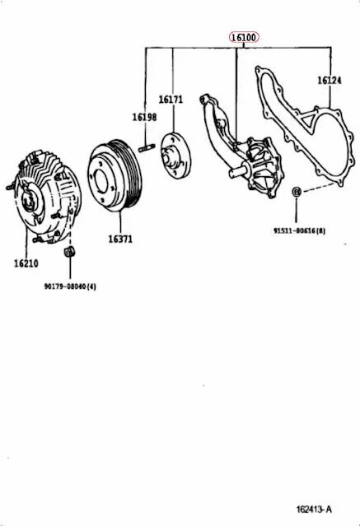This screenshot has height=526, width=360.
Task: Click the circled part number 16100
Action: pyautogui.click(x=243, y=38)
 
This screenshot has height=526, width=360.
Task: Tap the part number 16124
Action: pyautogui.click(x=329, y=81)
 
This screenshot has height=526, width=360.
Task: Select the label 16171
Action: pyautogui.click(x=171, y=100)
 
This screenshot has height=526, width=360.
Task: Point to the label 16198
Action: pyautogui.click(x=145, y=118)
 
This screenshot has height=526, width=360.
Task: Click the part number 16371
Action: pyautogui.click(x=120, y=239)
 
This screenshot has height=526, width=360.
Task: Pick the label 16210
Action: pyautogui.click(x=26, y=263)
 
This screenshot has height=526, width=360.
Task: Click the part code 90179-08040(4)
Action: pyautogui.click(x=70, y=286)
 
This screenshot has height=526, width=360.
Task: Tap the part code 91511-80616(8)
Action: pyautogui.click(x=299, y=231)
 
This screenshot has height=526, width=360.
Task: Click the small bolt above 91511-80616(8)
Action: pyautogui.click(x=296, y=193)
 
